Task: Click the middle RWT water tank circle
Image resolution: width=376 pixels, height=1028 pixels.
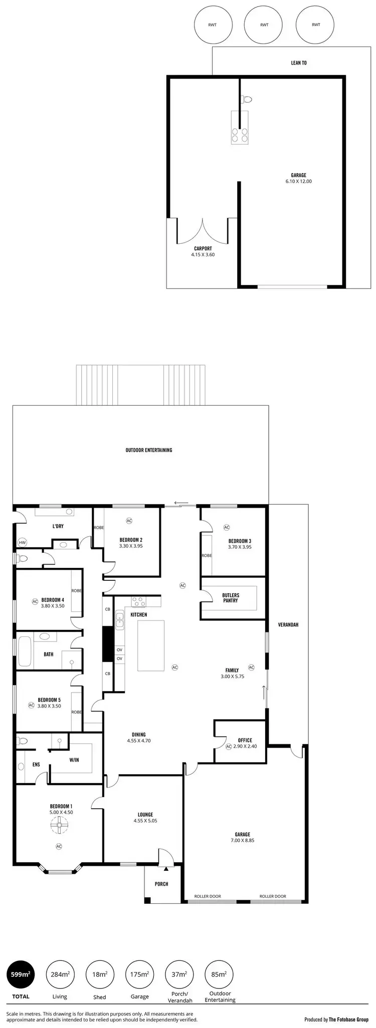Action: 264,25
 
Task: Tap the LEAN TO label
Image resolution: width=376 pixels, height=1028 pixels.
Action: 299,63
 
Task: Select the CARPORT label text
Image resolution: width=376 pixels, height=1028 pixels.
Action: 203,248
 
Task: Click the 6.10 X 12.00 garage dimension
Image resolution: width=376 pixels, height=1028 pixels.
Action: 298,181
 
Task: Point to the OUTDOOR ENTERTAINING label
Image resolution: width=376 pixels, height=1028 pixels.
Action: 149,450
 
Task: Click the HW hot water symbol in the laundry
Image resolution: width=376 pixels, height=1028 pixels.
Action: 22,542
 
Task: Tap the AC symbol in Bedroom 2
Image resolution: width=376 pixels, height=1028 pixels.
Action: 129,521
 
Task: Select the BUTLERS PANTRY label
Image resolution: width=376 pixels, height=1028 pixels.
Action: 231,598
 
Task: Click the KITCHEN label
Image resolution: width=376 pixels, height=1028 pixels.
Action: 139,614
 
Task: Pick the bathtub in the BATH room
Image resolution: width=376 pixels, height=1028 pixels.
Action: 25,650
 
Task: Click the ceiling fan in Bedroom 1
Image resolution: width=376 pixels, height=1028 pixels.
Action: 59,826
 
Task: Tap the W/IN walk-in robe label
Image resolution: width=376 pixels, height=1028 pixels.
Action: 74,760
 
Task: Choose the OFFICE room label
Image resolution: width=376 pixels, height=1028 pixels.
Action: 245,740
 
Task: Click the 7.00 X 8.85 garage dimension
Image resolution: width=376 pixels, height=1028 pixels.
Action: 243,840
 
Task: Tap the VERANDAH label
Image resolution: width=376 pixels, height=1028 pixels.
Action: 288,625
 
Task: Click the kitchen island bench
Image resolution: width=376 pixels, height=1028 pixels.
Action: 151,645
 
